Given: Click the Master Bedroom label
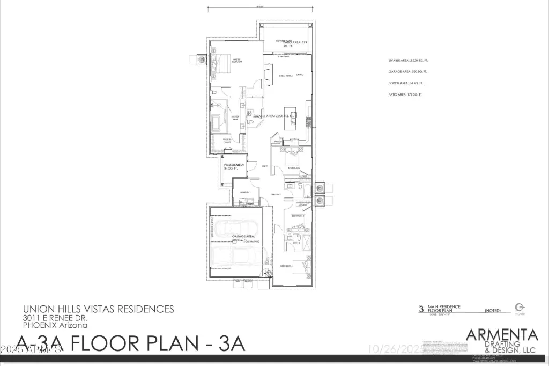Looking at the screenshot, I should [x=236, y=61].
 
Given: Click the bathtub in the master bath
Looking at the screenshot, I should [x=217, y=123].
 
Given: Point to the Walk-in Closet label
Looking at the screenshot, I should [x=235, y=141].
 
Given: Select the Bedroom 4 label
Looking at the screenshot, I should [x=286, y=266].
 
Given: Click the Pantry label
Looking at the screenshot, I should [x=278, y=142].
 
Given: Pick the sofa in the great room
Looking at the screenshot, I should [x=268, y=71].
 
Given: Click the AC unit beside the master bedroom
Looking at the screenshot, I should [x=201, y=60].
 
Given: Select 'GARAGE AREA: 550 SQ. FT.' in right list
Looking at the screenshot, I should [x=408, y=71].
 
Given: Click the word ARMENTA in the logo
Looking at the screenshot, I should [x=502, y=334].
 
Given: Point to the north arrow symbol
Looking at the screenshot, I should [x=518, y=306].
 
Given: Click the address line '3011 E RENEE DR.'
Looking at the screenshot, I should [x=52, y=318].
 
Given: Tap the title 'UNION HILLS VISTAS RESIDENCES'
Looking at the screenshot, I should [x=98, y=309].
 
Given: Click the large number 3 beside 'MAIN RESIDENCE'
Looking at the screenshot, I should [x=421, y=309].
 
